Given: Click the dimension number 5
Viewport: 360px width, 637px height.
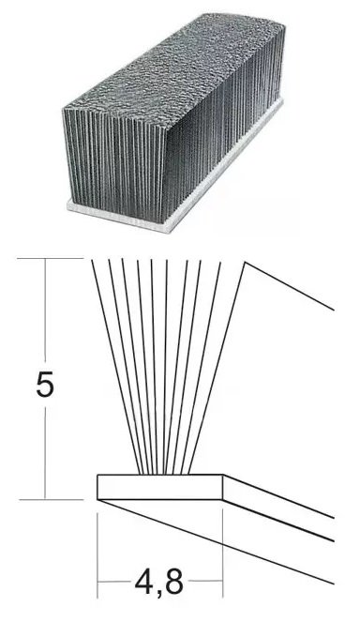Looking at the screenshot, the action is click(45, 385).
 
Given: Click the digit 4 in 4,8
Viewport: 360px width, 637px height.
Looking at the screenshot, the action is click(144, 582).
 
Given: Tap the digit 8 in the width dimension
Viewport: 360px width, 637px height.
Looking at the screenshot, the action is click(174, 582).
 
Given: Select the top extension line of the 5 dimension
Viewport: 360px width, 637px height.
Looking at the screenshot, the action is click(51, 258).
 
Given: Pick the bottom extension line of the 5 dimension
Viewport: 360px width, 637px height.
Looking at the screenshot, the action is click(52, 500).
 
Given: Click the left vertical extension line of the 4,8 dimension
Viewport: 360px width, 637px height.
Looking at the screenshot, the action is click(97, 555).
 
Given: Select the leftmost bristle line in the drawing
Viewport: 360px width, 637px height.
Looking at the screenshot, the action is click(116, 367).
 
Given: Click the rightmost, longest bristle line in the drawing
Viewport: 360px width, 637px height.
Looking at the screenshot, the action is click(217, 368).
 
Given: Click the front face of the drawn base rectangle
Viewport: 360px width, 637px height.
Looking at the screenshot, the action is click(160, 487).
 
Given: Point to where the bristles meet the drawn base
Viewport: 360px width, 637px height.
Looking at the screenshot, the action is click(164, 474).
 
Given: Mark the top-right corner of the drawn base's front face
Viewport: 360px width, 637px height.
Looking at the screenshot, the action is click(222, 475).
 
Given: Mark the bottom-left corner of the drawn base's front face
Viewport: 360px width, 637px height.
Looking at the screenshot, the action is click(97, 499).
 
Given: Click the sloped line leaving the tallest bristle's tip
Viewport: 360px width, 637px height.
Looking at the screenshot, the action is click(290, 286).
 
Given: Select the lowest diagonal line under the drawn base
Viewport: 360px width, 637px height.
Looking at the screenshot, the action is click(216, 542).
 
